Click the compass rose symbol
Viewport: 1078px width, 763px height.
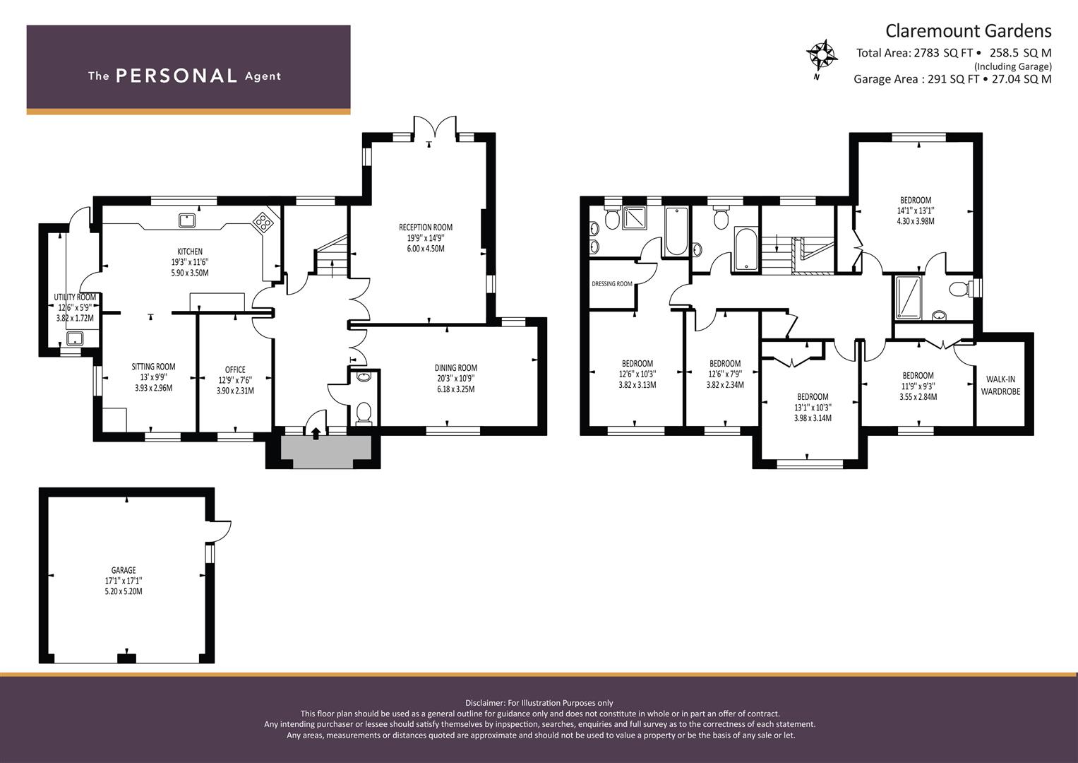point(822,55)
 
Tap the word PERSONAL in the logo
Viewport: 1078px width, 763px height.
point(176,76)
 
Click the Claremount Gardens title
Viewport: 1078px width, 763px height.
point(969,31)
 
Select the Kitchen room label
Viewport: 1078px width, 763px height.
point(190,252)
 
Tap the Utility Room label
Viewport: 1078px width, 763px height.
point(75,297)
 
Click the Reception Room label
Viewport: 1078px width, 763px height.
point(426,227)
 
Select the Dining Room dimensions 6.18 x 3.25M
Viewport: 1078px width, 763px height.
point(456,389)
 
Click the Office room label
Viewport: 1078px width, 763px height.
point(235,369)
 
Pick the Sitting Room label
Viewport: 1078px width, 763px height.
point(153,367)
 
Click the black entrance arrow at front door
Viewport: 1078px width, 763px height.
point(316,433)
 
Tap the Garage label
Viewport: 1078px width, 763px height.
point(124,570)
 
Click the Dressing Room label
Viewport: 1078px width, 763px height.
point(612,284)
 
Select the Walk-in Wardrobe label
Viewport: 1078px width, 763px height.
point(1000,385)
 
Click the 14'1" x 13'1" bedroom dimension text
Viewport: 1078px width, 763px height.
point(916,211)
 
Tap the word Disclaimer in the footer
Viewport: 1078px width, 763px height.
point(485,703)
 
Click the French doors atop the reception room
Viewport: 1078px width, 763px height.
point(435,126)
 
